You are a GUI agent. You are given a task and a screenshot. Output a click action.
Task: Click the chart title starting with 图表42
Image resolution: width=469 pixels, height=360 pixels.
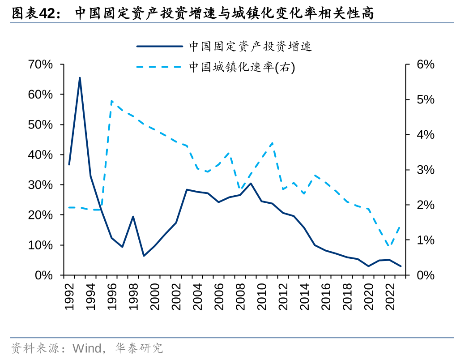[192, 13]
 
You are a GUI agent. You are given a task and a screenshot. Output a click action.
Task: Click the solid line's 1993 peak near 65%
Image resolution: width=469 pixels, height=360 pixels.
[80, 78]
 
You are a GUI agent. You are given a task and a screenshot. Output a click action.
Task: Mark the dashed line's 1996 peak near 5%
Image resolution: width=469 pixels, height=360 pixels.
[111, 101]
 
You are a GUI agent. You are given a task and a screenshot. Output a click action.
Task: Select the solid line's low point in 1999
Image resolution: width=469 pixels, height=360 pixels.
[144, 256]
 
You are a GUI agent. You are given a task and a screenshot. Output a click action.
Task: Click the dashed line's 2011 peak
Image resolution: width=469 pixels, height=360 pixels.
[273, 143]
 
